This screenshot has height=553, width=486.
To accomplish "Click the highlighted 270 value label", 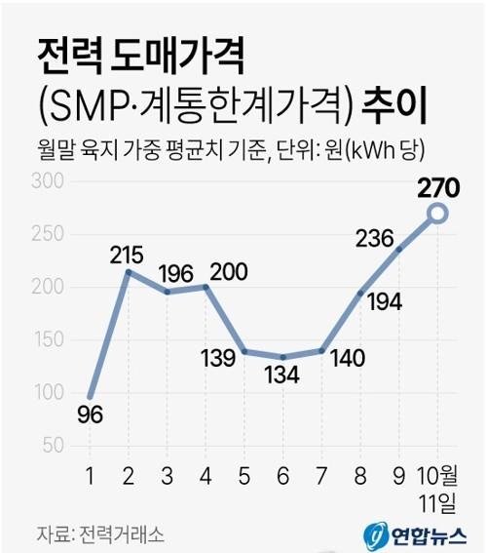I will (x=437, y=187).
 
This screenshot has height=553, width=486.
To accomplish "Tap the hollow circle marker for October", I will (x=437, y=214).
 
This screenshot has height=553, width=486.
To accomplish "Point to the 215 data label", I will (x=126, y=255).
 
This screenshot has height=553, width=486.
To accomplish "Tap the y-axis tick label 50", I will (x=52, y=445).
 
